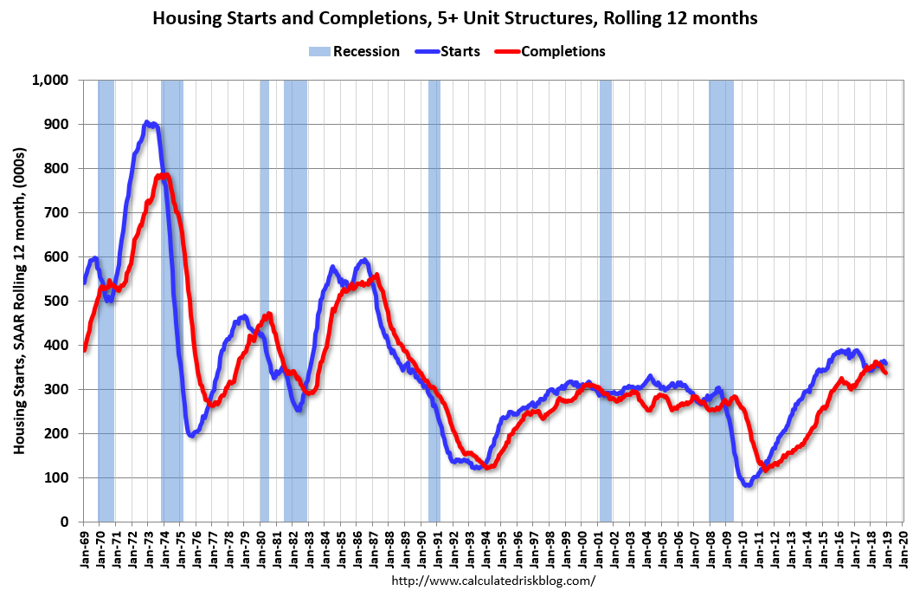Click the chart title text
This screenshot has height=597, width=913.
coord(455,17)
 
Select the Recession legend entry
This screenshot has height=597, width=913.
coord(354,51)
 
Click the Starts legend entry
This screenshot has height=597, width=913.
coord(453,51)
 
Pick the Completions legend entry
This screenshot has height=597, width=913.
coord(550,51)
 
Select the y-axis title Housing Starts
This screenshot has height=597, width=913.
coord(20,301)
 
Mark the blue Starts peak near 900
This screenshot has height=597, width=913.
coord(148,124)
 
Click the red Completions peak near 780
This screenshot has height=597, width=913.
coord(163,176)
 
